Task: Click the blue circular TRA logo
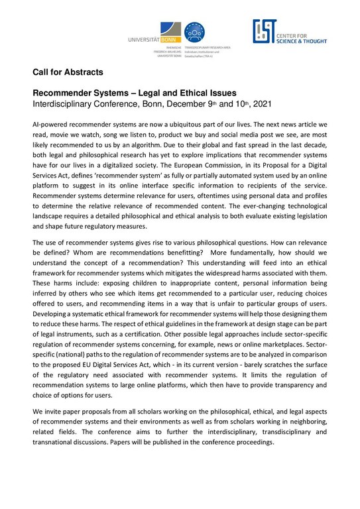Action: (194, 31)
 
